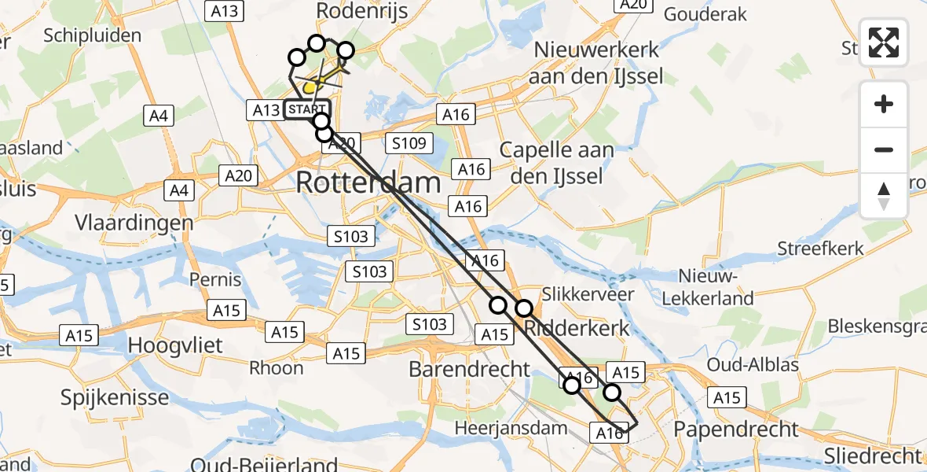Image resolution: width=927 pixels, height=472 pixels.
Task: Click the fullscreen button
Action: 884,42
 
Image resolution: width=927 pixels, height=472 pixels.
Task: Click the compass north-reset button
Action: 884,196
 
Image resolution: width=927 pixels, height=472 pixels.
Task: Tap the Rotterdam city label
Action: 368,184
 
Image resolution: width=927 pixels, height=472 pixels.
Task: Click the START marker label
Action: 306,110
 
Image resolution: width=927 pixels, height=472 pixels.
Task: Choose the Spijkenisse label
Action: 115,397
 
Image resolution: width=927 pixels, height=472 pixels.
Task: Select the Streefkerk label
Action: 820,249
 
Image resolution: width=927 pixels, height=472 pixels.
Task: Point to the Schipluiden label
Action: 93,35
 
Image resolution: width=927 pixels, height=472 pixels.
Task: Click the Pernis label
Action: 215,279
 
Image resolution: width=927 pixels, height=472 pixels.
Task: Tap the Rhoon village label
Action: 276,367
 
